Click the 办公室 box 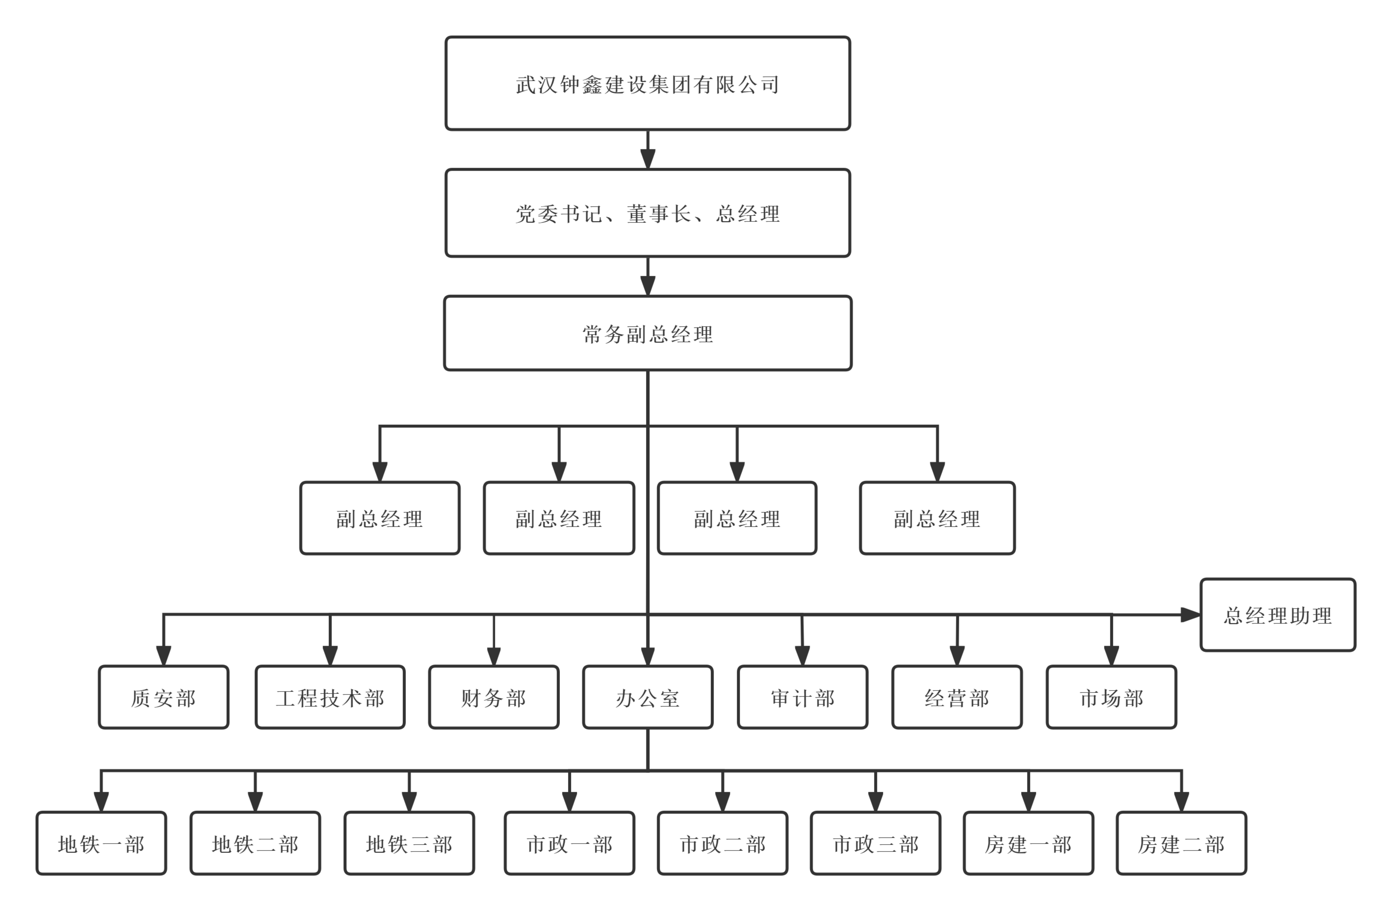[x=647, y=698]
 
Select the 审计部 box [x=802, y=698]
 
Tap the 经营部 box [x=957, y=698]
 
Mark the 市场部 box [x=1111, y=698]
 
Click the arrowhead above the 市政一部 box [x=570, y=802]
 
